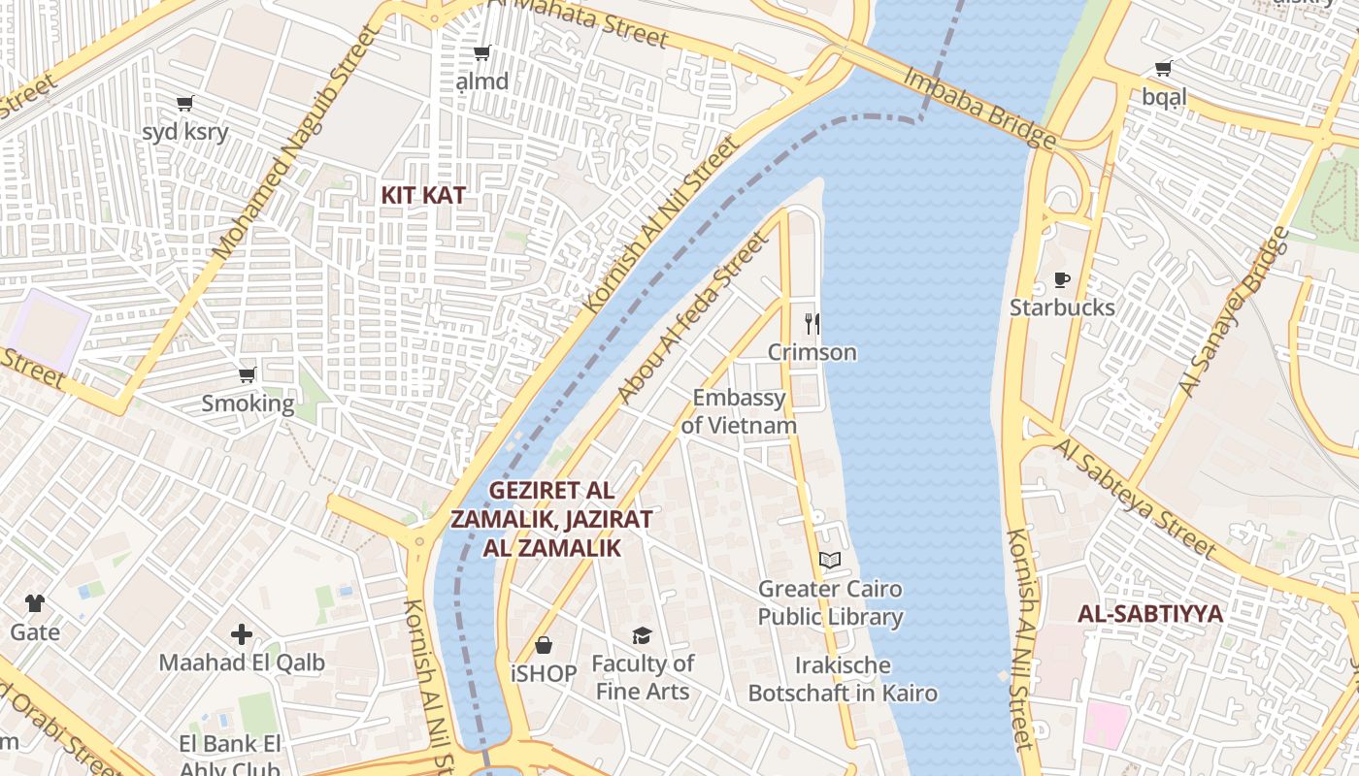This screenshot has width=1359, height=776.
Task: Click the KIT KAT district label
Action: tap(422, 195)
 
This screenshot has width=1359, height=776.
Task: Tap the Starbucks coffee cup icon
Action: tap(1062, 280)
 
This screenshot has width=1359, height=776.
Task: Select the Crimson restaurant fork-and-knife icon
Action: tap(812, 324)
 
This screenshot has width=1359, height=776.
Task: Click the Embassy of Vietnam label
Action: tap(739, 411)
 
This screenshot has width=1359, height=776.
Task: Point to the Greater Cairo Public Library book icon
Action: tap(830, 561)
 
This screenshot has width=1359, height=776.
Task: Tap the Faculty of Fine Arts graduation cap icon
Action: tap(642, 636)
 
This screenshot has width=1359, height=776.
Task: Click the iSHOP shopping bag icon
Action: tap(544, 645)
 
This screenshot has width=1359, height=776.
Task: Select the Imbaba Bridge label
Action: tap(979, 108)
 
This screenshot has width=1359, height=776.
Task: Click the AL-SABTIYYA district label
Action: tap(1150, 614)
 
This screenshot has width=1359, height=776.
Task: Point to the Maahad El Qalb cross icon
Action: tap(242, 635)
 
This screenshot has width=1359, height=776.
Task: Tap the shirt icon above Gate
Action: tap(35, 603)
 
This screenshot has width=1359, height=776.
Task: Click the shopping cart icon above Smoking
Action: tap(248, 374)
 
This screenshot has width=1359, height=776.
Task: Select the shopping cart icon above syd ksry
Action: tap(184, 103)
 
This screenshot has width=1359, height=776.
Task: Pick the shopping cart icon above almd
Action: tap(481, 52)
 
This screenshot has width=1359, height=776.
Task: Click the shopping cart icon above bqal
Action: tap(1163, 68)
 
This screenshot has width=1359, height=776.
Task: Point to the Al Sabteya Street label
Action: tap(1135, 498)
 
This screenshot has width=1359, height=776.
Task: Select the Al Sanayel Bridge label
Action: tap(1234, 311)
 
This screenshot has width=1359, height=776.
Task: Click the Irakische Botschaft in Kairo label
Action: tap(843, 679)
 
